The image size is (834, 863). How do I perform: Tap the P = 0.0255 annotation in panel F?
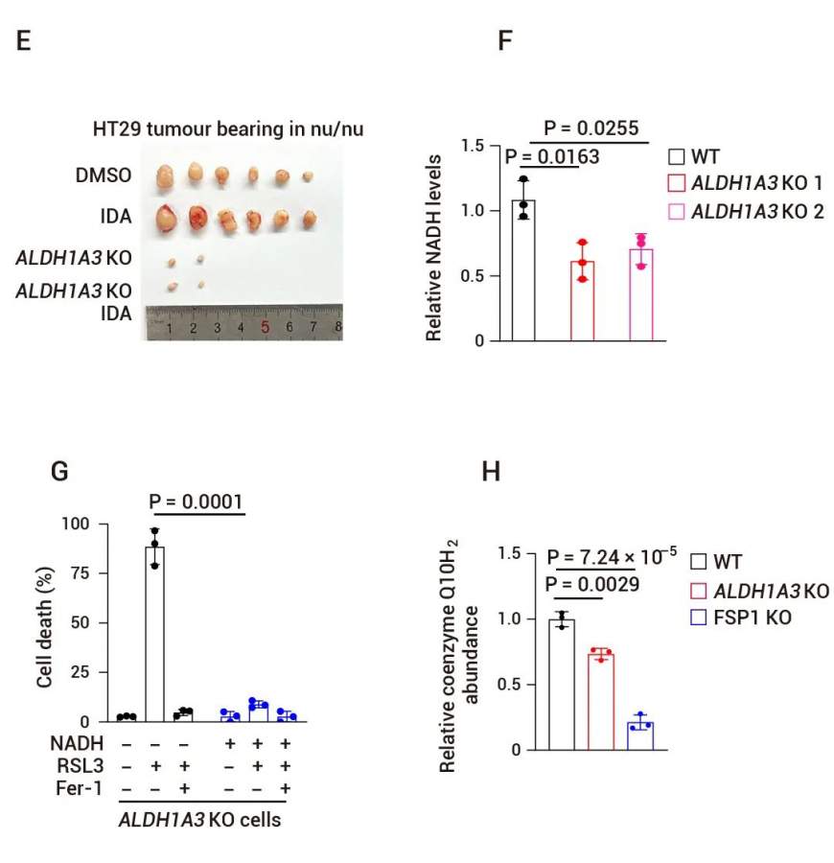pyautogui.click(x=591, y=128)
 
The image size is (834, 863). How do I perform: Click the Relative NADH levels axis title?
pyautogui.click(x=433, y=246)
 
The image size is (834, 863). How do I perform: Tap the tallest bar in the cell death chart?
pyautogui.click(x=154, y=634)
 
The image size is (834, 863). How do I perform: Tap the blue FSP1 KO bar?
pyautogui.click(x=639, y=735)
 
